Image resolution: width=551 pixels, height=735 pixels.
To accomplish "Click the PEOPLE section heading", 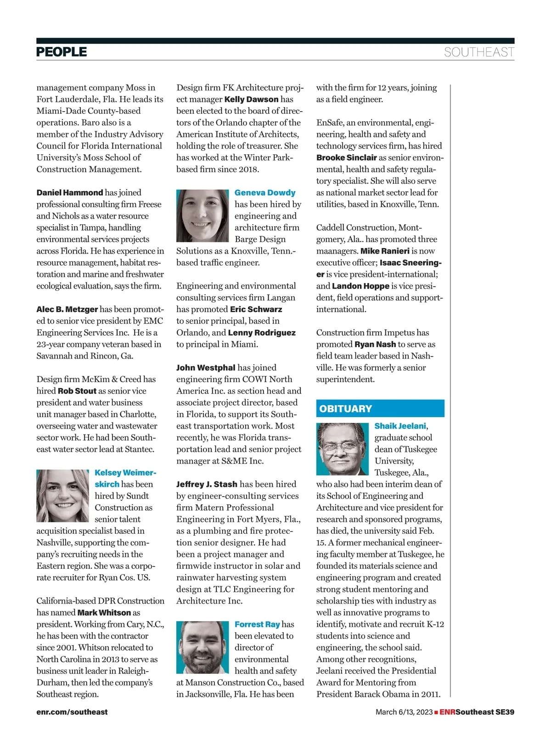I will coord(62,52).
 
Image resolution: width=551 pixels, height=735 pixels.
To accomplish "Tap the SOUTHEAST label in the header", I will coord(478,52).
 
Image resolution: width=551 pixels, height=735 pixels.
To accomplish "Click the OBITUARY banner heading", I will coord(345,408).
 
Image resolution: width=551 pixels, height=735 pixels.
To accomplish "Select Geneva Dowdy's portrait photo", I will coord(202,215).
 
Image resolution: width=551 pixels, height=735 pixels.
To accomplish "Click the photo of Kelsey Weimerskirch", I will coord(62,496).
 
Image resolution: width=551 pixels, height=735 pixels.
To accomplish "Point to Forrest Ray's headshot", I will coord(202,647).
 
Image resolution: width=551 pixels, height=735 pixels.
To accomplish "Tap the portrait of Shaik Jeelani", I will coord(342,449).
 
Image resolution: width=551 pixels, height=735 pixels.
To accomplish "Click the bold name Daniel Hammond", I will coord(70,192).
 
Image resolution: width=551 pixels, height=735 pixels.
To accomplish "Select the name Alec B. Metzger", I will coord(67,309).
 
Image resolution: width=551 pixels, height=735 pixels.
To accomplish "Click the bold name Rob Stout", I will coord(77,391).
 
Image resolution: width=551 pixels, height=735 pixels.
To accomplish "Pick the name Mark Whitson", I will coord(104,612).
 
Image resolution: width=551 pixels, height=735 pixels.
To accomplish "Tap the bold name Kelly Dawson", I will coord(251,99).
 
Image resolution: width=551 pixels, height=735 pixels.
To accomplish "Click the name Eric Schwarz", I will coord(256,309).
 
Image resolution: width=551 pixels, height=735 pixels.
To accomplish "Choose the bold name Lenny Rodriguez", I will coord(262,333).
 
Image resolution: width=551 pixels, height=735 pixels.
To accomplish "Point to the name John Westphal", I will coord(206,367).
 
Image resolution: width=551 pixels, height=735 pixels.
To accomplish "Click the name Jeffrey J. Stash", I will coord(207,484).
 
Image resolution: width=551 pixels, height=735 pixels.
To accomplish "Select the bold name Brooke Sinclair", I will coord(346,158).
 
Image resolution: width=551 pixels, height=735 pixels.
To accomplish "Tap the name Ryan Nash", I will coord(375,344).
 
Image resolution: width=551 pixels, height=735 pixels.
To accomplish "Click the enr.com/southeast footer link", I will coord(72,712).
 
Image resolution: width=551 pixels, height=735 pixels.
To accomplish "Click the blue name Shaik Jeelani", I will coord(400,426).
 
